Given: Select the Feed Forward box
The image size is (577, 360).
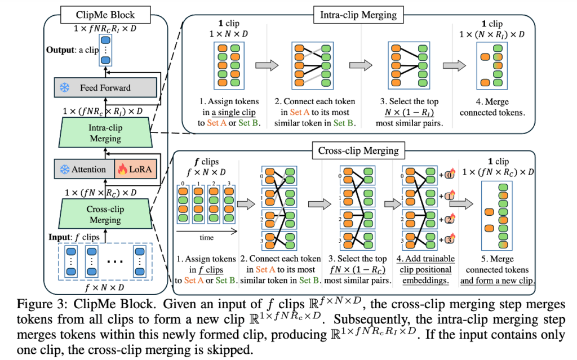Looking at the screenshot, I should coord(105,87).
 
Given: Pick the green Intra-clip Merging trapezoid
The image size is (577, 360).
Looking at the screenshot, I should coord(105,133).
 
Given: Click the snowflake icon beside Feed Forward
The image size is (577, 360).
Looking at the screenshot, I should coord(65,87).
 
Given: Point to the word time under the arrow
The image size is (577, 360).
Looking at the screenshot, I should coord(206,238).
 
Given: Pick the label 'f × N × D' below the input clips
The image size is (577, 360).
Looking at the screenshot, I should coord(105,285).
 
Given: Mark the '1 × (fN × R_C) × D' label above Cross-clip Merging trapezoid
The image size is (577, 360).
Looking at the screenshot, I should coord(105,193).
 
